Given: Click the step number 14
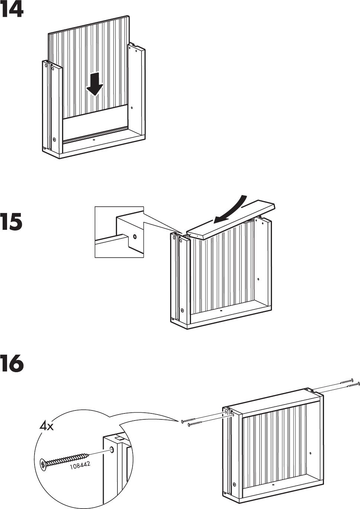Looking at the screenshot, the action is (x=12, y=10).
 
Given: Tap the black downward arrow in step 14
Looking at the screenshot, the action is (x=95, y=84).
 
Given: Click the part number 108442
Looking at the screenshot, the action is (x=80, y=465).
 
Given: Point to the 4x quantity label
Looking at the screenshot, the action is (x=47, y=426).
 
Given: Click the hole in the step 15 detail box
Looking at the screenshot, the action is (x=134, y=236).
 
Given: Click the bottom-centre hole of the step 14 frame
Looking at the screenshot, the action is (x=93, y=141).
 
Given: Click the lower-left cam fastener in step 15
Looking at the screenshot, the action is (x=182, y=310).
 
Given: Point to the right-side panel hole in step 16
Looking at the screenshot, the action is (x=311, y=453).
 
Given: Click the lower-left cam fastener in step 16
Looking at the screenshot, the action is (x=234, y=484).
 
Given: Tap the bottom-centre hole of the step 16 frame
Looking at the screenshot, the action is (x=273, y=485).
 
